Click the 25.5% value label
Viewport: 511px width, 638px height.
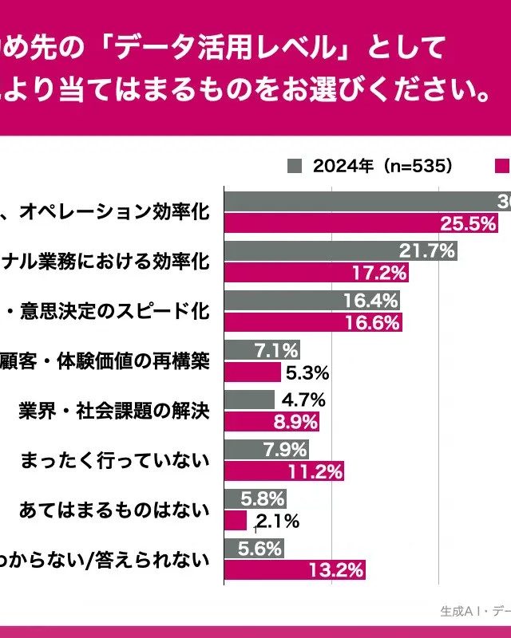point(470,224)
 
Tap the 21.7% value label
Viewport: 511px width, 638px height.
point(427,251)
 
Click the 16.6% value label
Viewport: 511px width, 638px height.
point(373,322)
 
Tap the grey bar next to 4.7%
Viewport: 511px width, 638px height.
point(249,400)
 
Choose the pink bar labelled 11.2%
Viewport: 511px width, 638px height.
point(283,471)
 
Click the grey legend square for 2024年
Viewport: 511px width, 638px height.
point(294,166)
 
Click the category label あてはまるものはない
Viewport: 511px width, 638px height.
point(114,510)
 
